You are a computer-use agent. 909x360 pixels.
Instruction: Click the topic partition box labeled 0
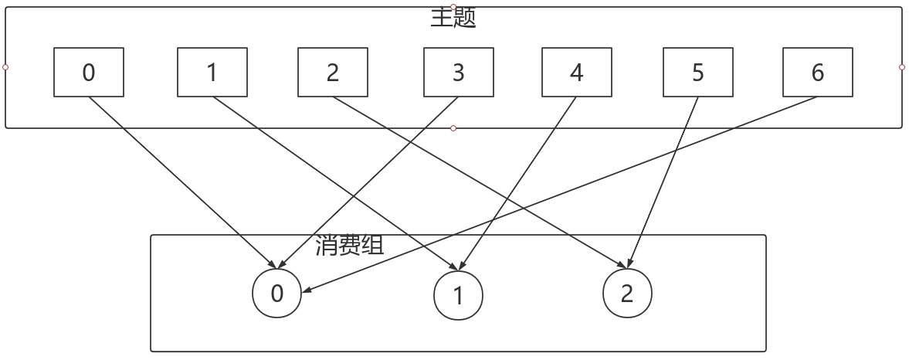[89, 73]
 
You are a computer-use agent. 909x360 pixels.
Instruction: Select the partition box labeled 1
[212, 73]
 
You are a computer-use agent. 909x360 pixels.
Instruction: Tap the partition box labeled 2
[333, 73]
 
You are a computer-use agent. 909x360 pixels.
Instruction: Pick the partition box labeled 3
[459, 73]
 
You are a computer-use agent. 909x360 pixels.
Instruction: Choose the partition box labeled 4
[577, 73]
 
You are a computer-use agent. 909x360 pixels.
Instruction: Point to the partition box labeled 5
[698, 73]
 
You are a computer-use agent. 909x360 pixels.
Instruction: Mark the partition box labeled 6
[818, 73]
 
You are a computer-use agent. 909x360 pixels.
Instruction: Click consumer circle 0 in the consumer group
[277, 294]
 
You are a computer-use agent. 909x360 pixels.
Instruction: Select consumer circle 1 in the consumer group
[458, 295]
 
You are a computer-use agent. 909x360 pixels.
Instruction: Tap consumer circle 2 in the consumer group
[627, 294]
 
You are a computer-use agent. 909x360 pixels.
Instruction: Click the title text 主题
[453, 18]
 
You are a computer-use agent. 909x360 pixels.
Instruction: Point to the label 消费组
[350, 246]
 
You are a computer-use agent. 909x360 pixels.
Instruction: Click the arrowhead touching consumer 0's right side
[307, 290]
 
